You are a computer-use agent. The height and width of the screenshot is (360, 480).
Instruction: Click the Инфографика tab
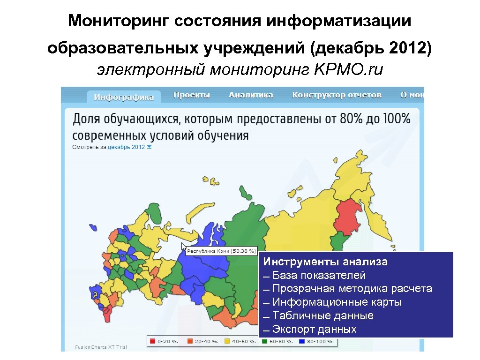click(x=124, y=97)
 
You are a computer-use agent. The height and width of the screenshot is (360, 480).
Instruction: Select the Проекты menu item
click(x=192, y=95)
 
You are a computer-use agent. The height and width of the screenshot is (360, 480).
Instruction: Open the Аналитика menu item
click(x=251, y=95)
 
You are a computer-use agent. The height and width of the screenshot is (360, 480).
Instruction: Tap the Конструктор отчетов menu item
click(x=337, y=95)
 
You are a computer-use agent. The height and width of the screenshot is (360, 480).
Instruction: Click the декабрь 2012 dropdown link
click(x=127, y=147)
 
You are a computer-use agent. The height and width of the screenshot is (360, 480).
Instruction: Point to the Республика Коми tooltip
click(x=222, y=251)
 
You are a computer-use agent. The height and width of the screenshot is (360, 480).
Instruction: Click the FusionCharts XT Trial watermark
click(x=101, y=347)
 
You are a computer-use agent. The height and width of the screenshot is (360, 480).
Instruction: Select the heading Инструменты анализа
click(x=325, y=262)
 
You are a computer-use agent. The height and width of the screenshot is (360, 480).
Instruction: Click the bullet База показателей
click(x=319, y=275)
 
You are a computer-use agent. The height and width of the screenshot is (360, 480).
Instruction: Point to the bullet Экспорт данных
click(x=314, y=329)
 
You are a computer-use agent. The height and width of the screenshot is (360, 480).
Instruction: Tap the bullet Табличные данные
click(x=322, y=315)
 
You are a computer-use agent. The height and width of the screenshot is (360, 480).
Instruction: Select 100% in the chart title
click(x=397, y=119)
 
